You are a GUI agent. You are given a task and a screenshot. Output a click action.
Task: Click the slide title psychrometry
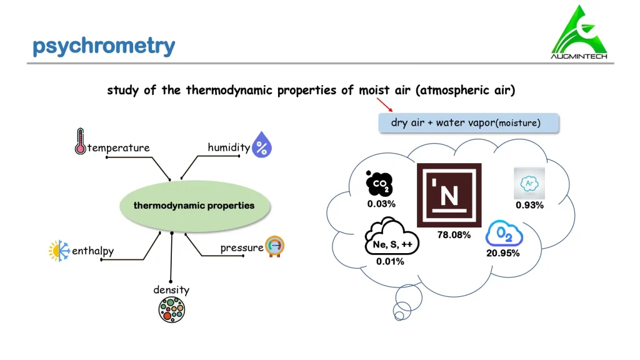click(x=104, y=46)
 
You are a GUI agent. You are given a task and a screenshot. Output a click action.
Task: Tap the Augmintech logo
click(x=579, y=32)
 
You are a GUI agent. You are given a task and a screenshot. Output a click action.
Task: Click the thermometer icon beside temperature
click(x=81, y=141)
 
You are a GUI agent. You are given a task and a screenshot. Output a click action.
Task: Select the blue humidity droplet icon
click(x=262, y=144)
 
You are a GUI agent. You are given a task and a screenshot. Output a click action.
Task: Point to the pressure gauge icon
click(x=275, y=246)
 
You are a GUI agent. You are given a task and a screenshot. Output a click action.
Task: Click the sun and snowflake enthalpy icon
click(x=59, y=251)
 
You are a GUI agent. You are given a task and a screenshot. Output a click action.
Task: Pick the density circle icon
click(x=171, y=310)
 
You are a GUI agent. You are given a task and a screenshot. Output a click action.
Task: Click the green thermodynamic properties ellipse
click(x=195, y=206)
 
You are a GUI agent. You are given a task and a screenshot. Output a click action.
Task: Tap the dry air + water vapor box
click(x=469, y=123)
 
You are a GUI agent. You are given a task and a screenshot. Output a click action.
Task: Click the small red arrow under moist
click(x=384, y=104)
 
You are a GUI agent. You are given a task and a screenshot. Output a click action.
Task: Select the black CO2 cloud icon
click(x=379, y=184)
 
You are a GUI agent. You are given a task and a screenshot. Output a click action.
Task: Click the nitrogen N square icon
click(x=449, y=195)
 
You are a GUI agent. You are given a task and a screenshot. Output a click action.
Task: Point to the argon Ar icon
click(x=529, y=183)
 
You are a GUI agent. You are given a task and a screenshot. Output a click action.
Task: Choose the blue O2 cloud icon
click(x=504, y=234)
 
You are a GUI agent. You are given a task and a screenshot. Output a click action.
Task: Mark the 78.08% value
click(x=454, y=235)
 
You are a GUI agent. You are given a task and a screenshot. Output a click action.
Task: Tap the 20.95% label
click(x=503, y=254)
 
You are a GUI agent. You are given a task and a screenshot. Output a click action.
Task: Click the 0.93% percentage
click(x=530, y=205)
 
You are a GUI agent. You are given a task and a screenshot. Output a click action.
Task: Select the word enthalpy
click(x=93, y=251)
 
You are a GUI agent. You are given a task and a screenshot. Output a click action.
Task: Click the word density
click(x=171, y=290)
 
